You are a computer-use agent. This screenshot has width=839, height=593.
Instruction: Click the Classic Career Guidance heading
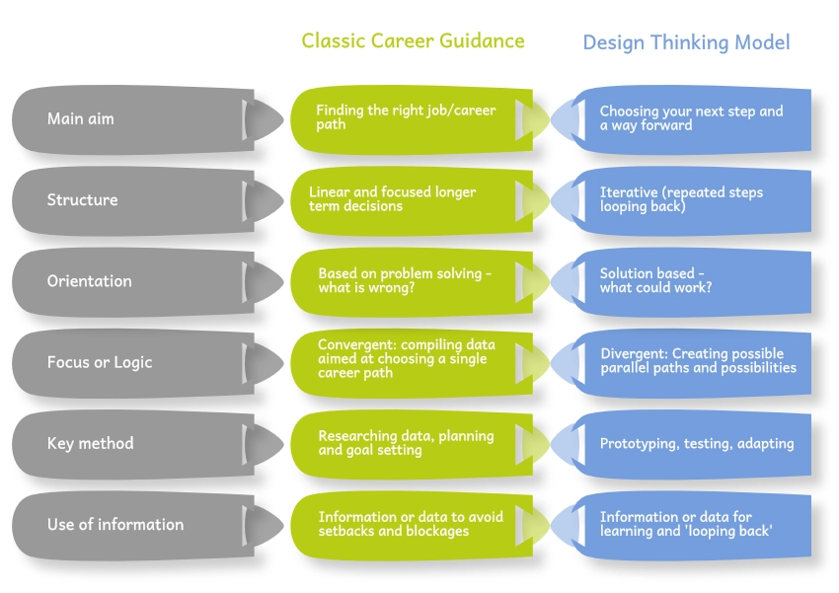click(413, 40)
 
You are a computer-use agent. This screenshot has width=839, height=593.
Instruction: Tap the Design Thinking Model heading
click(686, 42)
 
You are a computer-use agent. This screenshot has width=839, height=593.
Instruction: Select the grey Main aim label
click(81, 118)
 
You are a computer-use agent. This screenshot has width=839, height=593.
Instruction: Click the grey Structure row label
click(82, 199)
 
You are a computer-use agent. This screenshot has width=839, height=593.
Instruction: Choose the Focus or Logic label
click(100, 362)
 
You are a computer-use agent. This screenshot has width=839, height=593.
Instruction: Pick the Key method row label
click(90, 443)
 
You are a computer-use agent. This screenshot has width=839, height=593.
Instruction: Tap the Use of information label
click(114, 524)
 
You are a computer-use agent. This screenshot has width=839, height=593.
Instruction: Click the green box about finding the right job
click(406, 118)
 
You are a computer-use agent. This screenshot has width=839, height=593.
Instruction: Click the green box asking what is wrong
click(405, 280)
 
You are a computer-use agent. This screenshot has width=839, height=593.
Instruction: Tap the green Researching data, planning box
click(406, 443)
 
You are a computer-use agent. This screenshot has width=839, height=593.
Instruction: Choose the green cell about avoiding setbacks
click(410, 524)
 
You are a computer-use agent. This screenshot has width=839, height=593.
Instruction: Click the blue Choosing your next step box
click(691, 118)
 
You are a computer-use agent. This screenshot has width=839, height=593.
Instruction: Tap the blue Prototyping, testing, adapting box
click(696, 443)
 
